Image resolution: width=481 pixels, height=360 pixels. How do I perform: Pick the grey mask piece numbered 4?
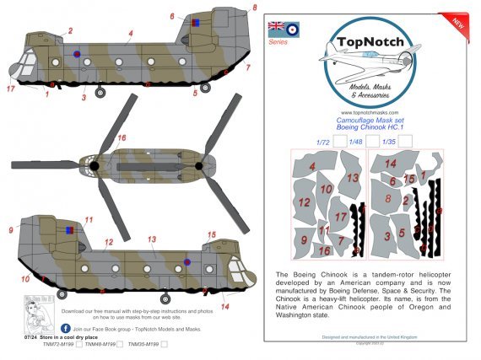tap(312, 168)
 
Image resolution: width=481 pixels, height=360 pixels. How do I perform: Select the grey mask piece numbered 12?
tap(304, 202)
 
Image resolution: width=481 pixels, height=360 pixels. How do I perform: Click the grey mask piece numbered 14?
tap(391, 164)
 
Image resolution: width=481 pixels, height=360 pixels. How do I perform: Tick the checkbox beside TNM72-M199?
tap(78, 344)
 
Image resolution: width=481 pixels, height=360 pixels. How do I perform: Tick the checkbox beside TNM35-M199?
tap(165, 344)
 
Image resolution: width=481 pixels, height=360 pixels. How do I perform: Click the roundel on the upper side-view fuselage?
tap(77, 56)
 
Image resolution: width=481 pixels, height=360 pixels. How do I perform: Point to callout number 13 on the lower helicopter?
tap(153, 240)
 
